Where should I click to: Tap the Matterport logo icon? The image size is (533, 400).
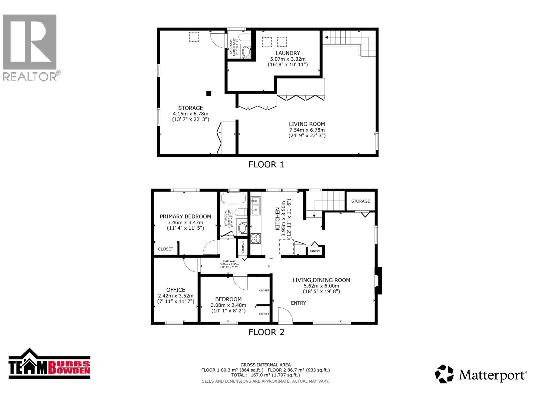pos(444,374)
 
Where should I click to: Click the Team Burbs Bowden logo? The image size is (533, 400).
pos(49,364)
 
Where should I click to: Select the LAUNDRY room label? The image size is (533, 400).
pos(287,53)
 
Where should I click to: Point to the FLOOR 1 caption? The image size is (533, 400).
pos(266,164)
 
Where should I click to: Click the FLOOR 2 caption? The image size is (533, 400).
pos(266,332)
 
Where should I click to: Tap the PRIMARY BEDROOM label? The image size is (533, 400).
pos(185,216)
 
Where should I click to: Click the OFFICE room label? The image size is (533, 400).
pos(176,290)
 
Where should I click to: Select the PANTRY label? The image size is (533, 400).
pos(314,251)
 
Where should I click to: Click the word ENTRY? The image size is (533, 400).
pos(298,303)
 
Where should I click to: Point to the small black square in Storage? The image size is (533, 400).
pos(209,93)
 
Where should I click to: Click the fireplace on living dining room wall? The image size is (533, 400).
pos(378,281)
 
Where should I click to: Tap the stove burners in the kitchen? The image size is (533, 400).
pos(256,238)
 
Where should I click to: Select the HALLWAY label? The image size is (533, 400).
pos(229,261)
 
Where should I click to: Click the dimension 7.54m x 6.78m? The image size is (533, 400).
pos(306,130)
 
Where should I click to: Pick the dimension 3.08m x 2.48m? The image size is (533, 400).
pos(228,305)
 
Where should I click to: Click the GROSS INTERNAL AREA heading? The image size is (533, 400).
pos(265,365)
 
